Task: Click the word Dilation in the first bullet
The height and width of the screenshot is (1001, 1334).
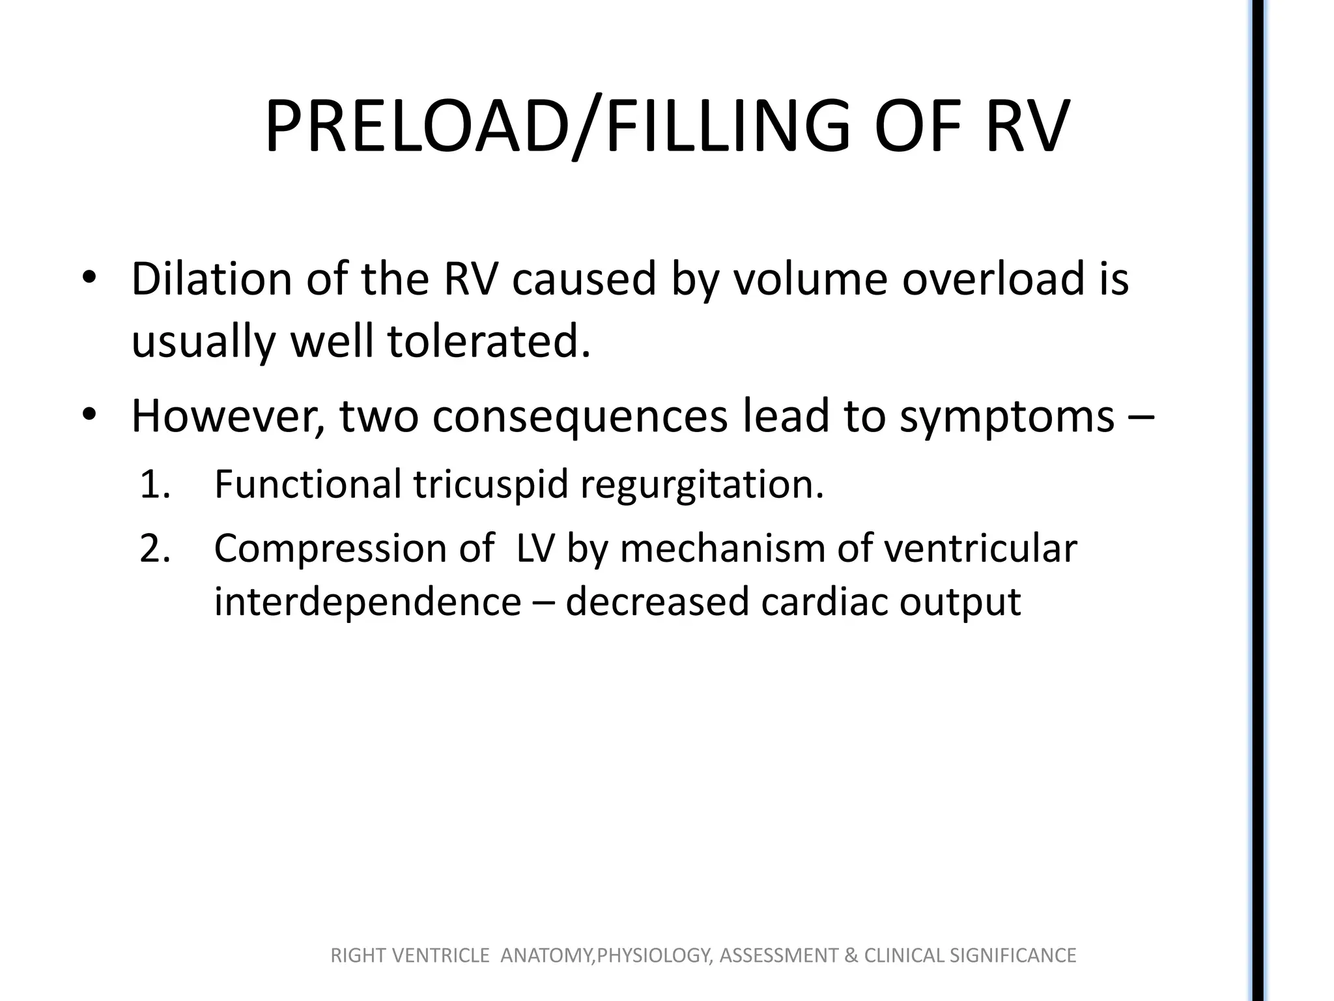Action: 211,279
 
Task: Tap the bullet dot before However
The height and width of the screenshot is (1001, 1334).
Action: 89,415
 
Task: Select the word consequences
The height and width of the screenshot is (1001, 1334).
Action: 580,416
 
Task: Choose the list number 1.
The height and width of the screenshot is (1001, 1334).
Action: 154,485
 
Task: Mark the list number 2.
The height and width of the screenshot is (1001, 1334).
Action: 155,549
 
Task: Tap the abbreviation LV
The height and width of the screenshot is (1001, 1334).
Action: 535,549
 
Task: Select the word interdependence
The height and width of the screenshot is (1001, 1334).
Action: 367,602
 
